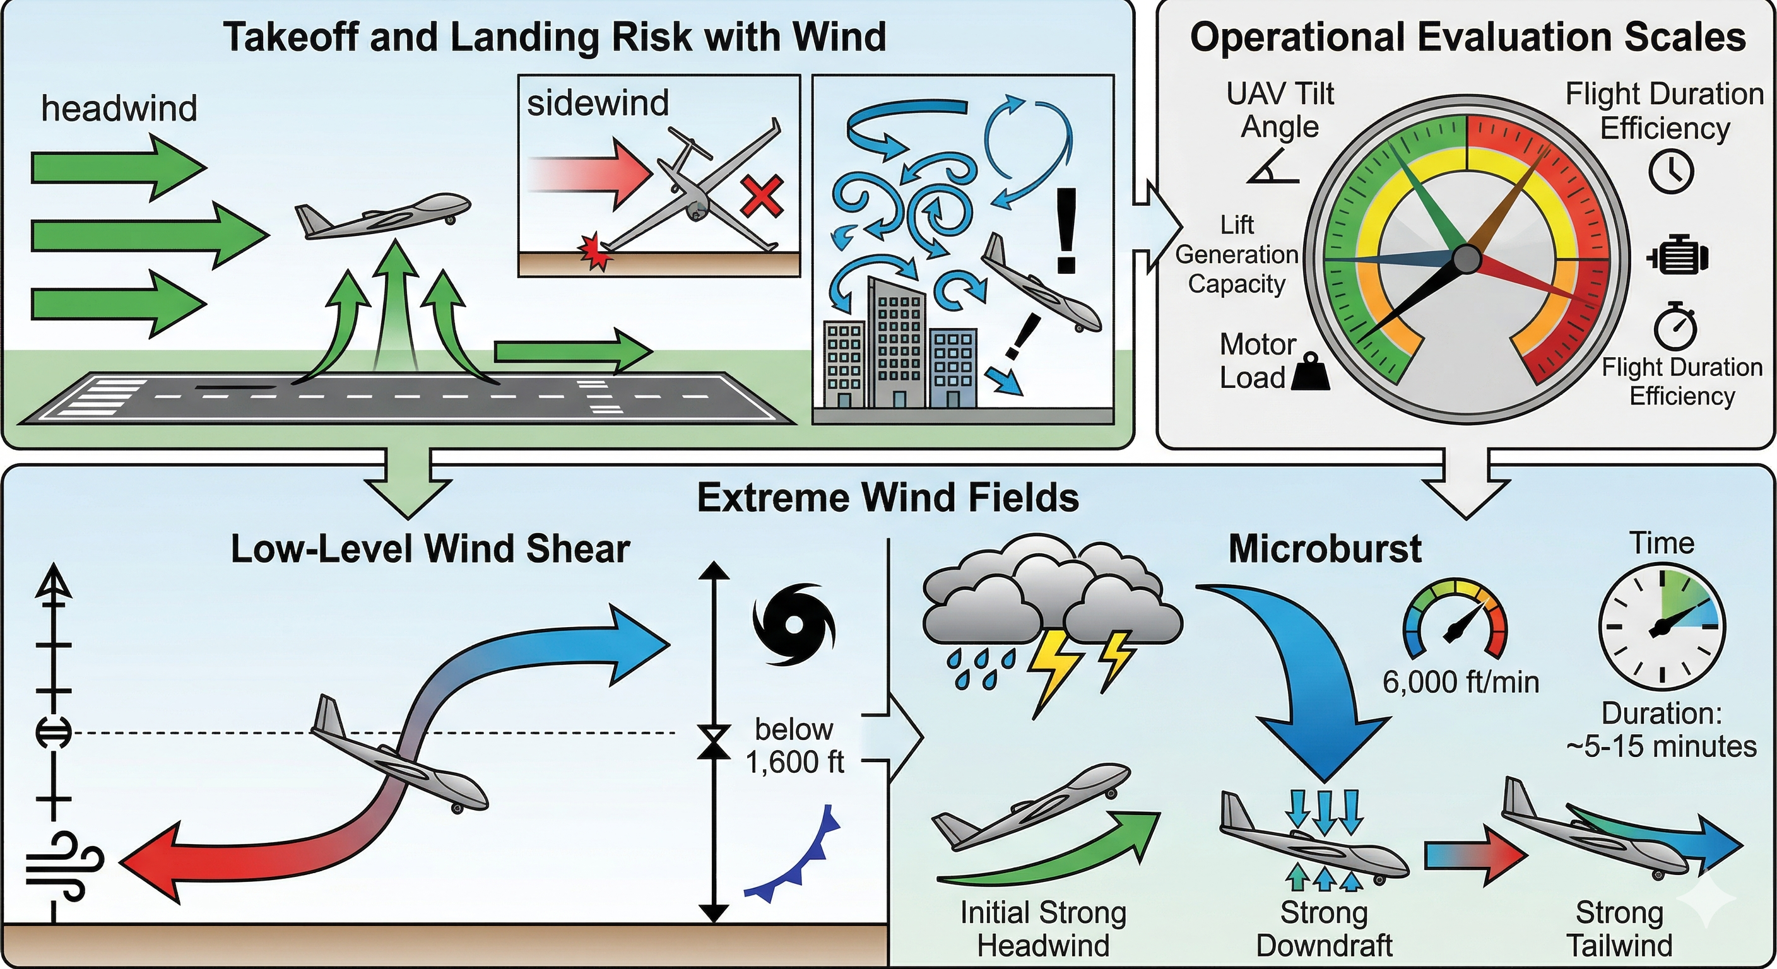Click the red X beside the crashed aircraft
(761, 195)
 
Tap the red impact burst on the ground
(595, 252)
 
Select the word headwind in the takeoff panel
(119, 109)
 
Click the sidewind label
(598, 103)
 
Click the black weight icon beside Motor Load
(1309, 372)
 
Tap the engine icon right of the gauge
(1678, 257)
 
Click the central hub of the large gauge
(1467, 259)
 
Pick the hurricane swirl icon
(793, 625)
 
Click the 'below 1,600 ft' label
(794, 746)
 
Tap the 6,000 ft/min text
(1460, 682)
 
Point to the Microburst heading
(1325, 549)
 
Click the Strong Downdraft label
(1324, 929)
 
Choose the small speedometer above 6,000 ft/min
(1456, 618)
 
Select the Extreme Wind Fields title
(888, 497)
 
